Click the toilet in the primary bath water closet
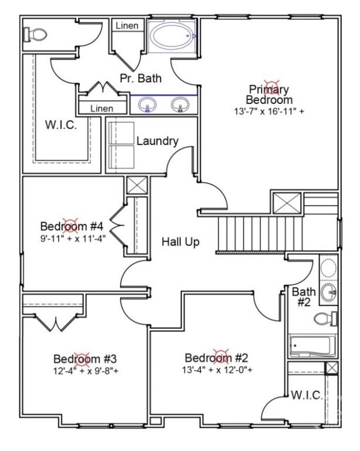coord(35,35)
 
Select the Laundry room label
coord(157,141)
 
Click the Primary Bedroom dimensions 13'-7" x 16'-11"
coord(269,112)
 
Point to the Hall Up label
coord(180,241)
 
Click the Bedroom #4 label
coord(72,226)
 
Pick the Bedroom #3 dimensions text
coord(86,371)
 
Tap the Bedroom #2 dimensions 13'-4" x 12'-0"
coord(217,370)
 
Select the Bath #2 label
coord(304,297)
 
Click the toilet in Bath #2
coord(325,319)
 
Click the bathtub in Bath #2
coord(312,345)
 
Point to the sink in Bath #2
coord(328,292)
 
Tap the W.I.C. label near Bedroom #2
coord(307,395)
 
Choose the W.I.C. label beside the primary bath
coord(61,125)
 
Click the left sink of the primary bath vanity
coord(147,105)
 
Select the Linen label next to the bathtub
coord(127,26)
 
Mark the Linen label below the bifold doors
coord(102,109)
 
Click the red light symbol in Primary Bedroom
coord(272,87)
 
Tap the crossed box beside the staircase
coord(287,203)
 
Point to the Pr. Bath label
coord(140,78)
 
